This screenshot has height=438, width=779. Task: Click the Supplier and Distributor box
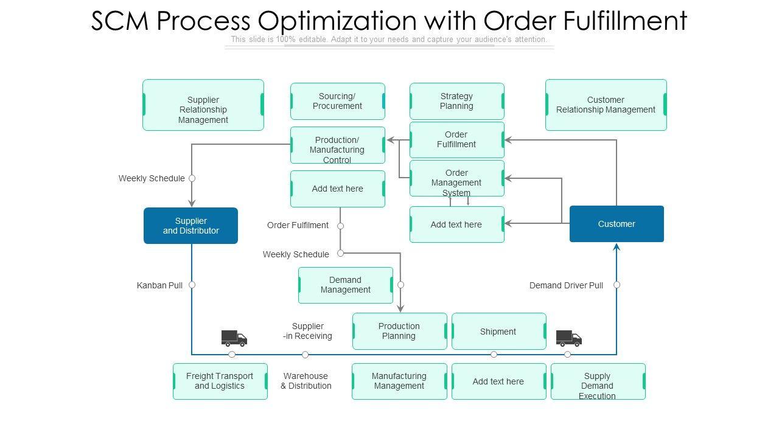pos(190,226)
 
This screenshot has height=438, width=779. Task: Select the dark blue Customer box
pos(617,224)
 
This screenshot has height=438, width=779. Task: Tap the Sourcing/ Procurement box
pos(337,101)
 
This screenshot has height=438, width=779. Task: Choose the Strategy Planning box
pos(456,101)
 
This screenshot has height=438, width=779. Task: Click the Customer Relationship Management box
pos(606,105)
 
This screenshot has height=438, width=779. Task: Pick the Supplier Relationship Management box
pos(203,105)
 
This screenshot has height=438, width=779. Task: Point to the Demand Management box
pos(345,285)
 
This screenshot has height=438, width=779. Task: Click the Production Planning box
pos(399,331)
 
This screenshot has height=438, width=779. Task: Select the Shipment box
pos(498,331)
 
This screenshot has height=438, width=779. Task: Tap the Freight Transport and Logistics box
pos(220,381)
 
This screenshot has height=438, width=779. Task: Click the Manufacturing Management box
pos(399,381)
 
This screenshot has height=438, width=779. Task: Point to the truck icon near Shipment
pos(568,338)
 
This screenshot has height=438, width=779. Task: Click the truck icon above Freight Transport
pos(234,338)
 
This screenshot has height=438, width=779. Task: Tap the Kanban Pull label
pos(159,285)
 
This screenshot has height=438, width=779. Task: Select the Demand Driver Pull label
pos(566,285)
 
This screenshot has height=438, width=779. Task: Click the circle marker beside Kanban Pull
pos(192,285)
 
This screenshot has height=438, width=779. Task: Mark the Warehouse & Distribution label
pos(306,381)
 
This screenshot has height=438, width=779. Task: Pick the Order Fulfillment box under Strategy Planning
pos(456,139)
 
